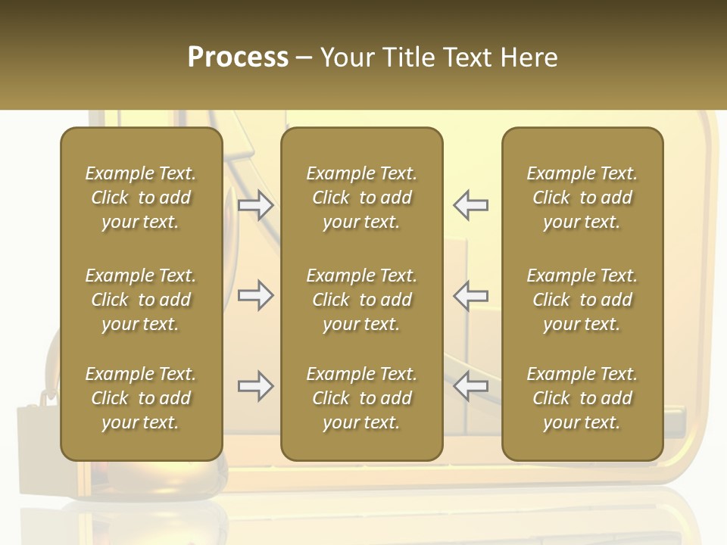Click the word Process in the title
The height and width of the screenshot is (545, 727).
point(238,58)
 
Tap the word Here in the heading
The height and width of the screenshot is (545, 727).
point(529,58)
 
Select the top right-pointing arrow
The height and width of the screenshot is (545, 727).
point(256,205)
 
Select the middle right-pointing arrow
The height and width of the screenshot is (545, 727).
point(256,295)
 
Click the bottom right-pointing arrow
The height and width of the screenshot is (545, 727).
point(256,386)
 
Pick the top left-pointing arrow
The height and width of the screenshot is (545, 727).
point(471,205)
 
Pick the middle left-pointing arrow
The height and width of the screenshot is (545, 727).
point(471,295)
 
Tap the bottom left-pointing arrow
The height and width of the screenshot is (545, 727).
point(471,386)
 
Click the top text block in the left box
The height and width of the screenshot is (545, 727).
point(141,198)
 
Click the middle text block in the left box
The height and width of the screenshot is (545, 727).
point(141,300)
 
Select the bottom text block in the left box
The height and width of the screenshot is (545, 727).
point(141,398)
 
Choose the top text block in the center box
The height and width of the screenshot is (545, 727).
point(361,198)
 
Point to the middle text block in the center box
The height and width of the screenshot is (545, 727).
point(361,300)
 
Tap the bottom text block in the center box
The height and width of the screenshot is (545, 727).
point(361,398)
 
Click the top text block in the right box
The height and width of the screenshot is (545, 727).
point(582,198)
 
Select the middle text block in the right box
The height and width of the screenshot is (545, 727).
point(582,300)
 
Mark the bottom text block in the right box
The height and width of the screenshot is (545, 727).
point(582,398)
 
